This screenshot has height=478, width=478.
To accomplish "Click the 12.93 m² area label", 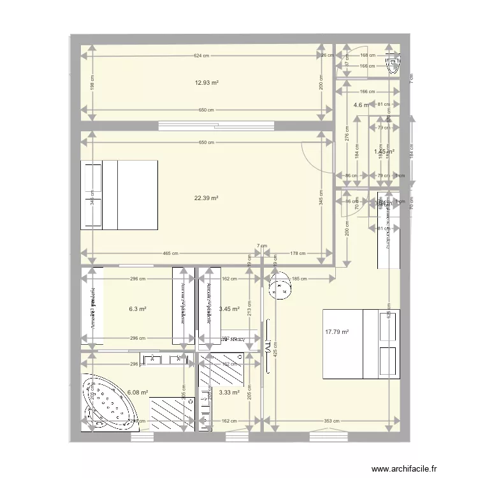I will click(206, 83).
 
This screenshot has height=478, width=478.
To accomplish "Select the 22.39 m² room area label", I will click(206, 198).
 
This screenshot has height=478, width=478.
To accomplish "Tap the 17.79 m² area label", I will click(337, 331).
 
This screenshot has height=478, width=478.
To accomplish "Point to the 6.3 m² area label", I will click(138, 309).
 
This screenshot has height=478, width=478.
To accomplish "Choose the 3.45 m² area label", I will click(229, 309).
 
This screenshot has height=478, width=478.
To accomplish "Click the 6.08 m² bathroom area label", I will click(138, 393).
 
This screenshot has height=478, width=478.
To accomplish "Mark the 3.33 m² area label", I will click(229, 393).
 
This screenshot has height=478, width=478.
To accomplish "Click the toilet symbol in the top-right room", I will click(394, 62).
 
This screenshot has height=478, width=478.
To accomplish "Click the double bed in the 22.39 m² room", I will click(120, 195).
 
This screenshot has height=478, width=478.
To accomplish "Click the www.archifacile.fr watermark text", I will click(409, 468).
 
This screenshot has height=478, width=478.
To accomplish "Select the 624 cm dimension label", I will click(202, 56).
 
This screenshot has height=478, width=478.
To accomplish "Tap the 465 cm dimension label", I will click(170, 253).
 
